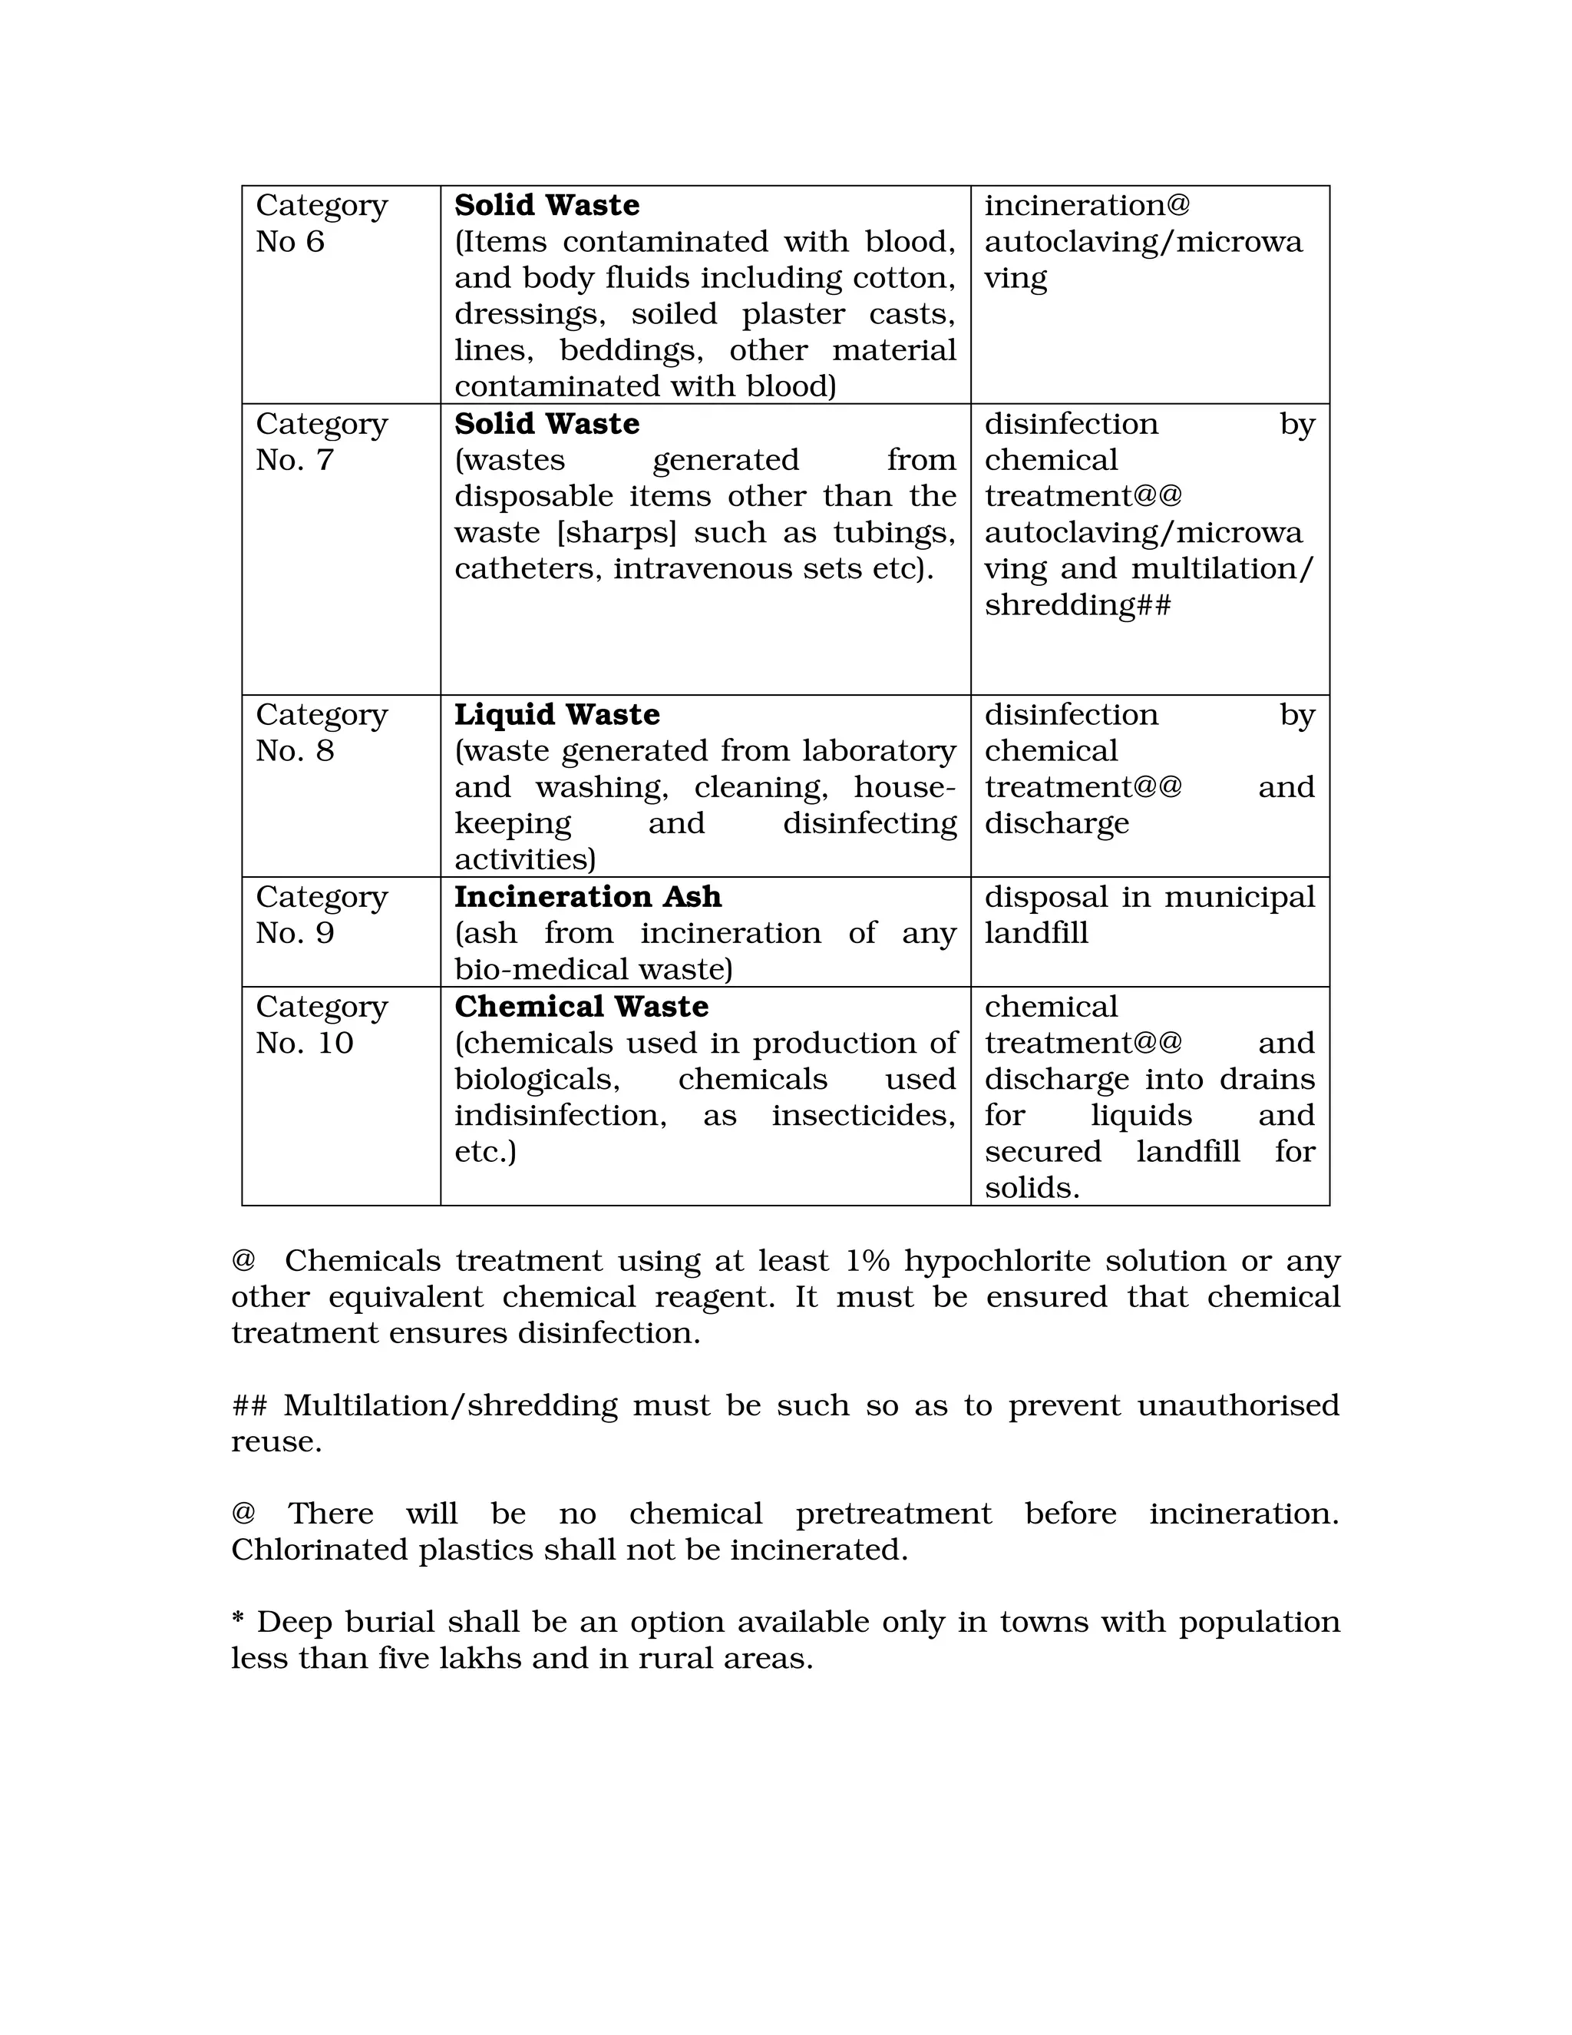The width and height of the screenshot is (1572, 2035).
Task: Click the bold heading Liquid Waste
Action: pyautogui.click(x=557, y=715)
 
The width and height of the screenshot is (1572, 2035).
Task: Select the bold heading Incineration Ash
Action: pyautogui.click(x=588, y=896)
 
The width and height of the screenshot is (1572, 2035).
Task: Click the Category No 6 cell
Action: pyautogui.click(x=322, y=223)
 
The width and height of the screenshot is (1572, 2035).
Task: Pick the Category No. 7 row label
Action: pyautogui.click(x=322, y=442)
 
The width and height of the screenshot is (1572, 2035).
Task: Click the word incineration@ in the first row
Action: pyautogui.click(x=1087, y=205)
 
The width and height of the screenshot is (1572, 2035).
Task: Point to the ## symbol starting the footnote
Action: pyautogui.click(x=249, y=1405)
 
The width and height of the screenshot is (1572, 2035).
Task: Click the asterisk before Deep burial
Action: pyautogui.click(x=239, y=1622)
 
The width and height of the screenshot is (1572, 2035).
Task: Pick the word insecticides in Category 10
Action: pyautogui.click(x=862, y=1115)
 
